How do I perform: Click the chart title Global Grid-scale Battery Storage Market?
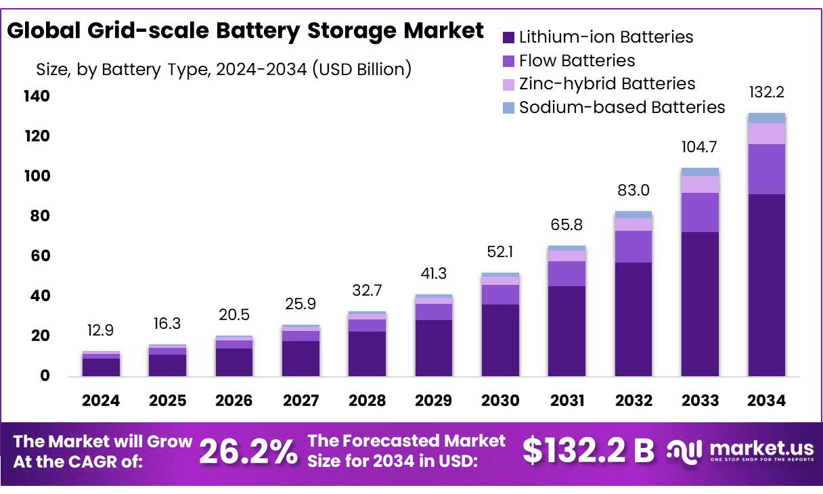pos(245,30)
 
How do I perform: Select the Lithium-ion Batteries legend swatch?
pos(509,37)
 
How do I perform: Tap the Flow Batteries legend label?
pos(577,61)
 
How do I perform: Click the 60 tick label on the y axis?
pos(41,256)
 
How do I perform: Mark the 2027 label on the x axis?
pos(301,401)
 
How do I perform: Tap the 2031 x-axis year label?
pos(566,401)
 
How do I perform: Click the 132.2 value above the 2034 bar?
pos(766,93)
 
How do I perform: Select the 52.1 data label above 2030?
pos(500,252)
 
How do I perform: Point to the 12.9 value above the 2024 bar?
pos(101,331)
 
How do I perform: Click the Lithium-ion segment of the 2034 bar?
pos(766,284)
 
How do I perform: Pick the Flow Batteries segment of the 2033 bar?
pos(700,212)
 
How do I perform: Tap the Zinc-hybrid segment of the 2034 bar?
pos(766,133)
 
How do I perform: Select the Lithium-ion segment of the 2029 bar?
pos(434,348)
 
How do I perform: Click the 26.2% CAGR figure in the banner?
pos(248,452)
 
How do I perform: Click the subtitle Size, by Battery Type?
pos(223,69)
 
